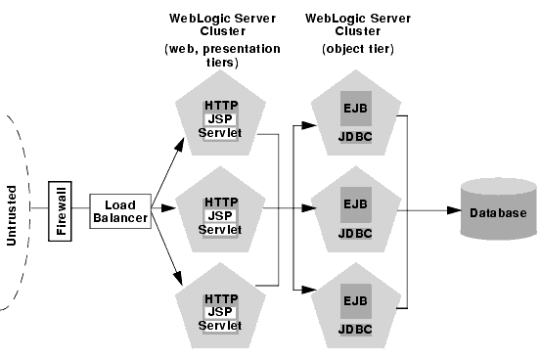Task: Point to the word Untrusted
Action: [13, 214]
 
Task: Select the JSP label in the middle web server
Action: [221, 215]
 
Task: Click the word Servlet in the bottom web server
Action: [221, 324]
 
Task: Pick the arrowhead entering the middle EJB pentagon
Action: [310, 208]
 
